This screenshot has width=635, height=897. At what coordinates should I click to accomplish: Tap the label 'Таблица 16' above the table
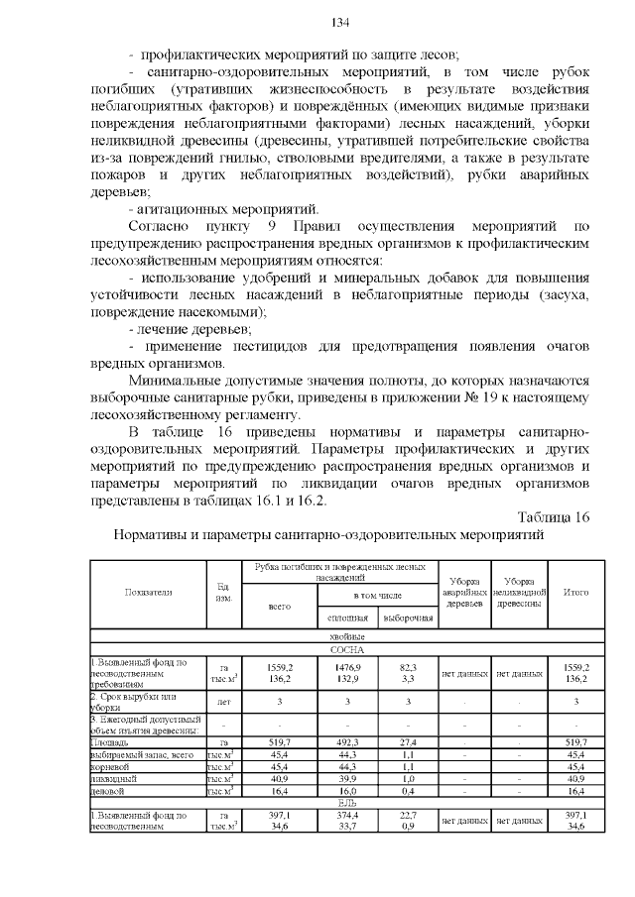[554, 516]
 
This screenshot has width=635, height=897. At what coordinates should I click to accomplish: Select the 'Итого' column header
[574, 592]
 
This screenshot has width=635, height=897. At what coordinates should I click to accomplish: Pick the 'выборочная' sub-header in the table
[409, 618]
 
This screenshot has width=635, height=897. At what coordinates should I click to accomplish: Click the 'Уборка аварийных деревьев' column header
[462, 592]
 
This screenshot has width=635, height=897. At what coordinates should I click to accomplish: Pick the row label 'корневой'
[111, 766]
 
